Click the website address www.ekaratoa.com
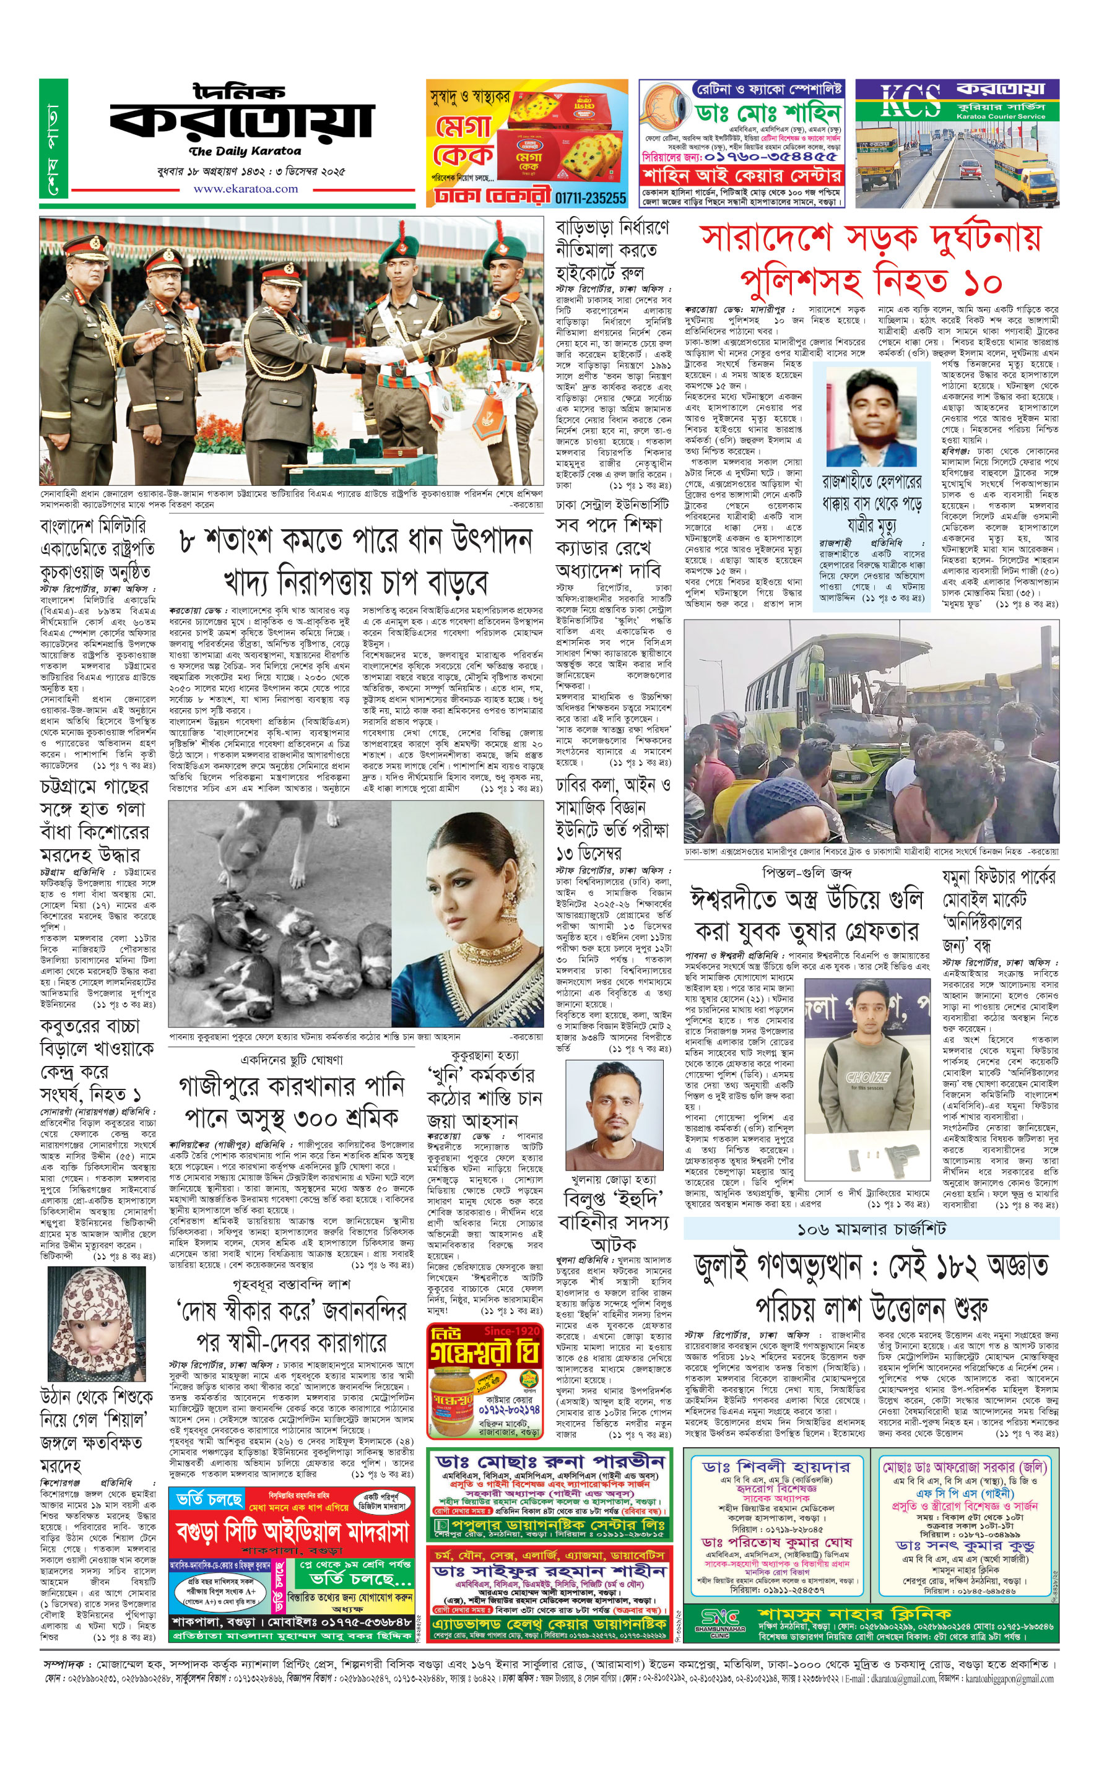(x=245, y=189)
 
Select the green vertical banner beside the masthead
(x=53, y=139)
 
